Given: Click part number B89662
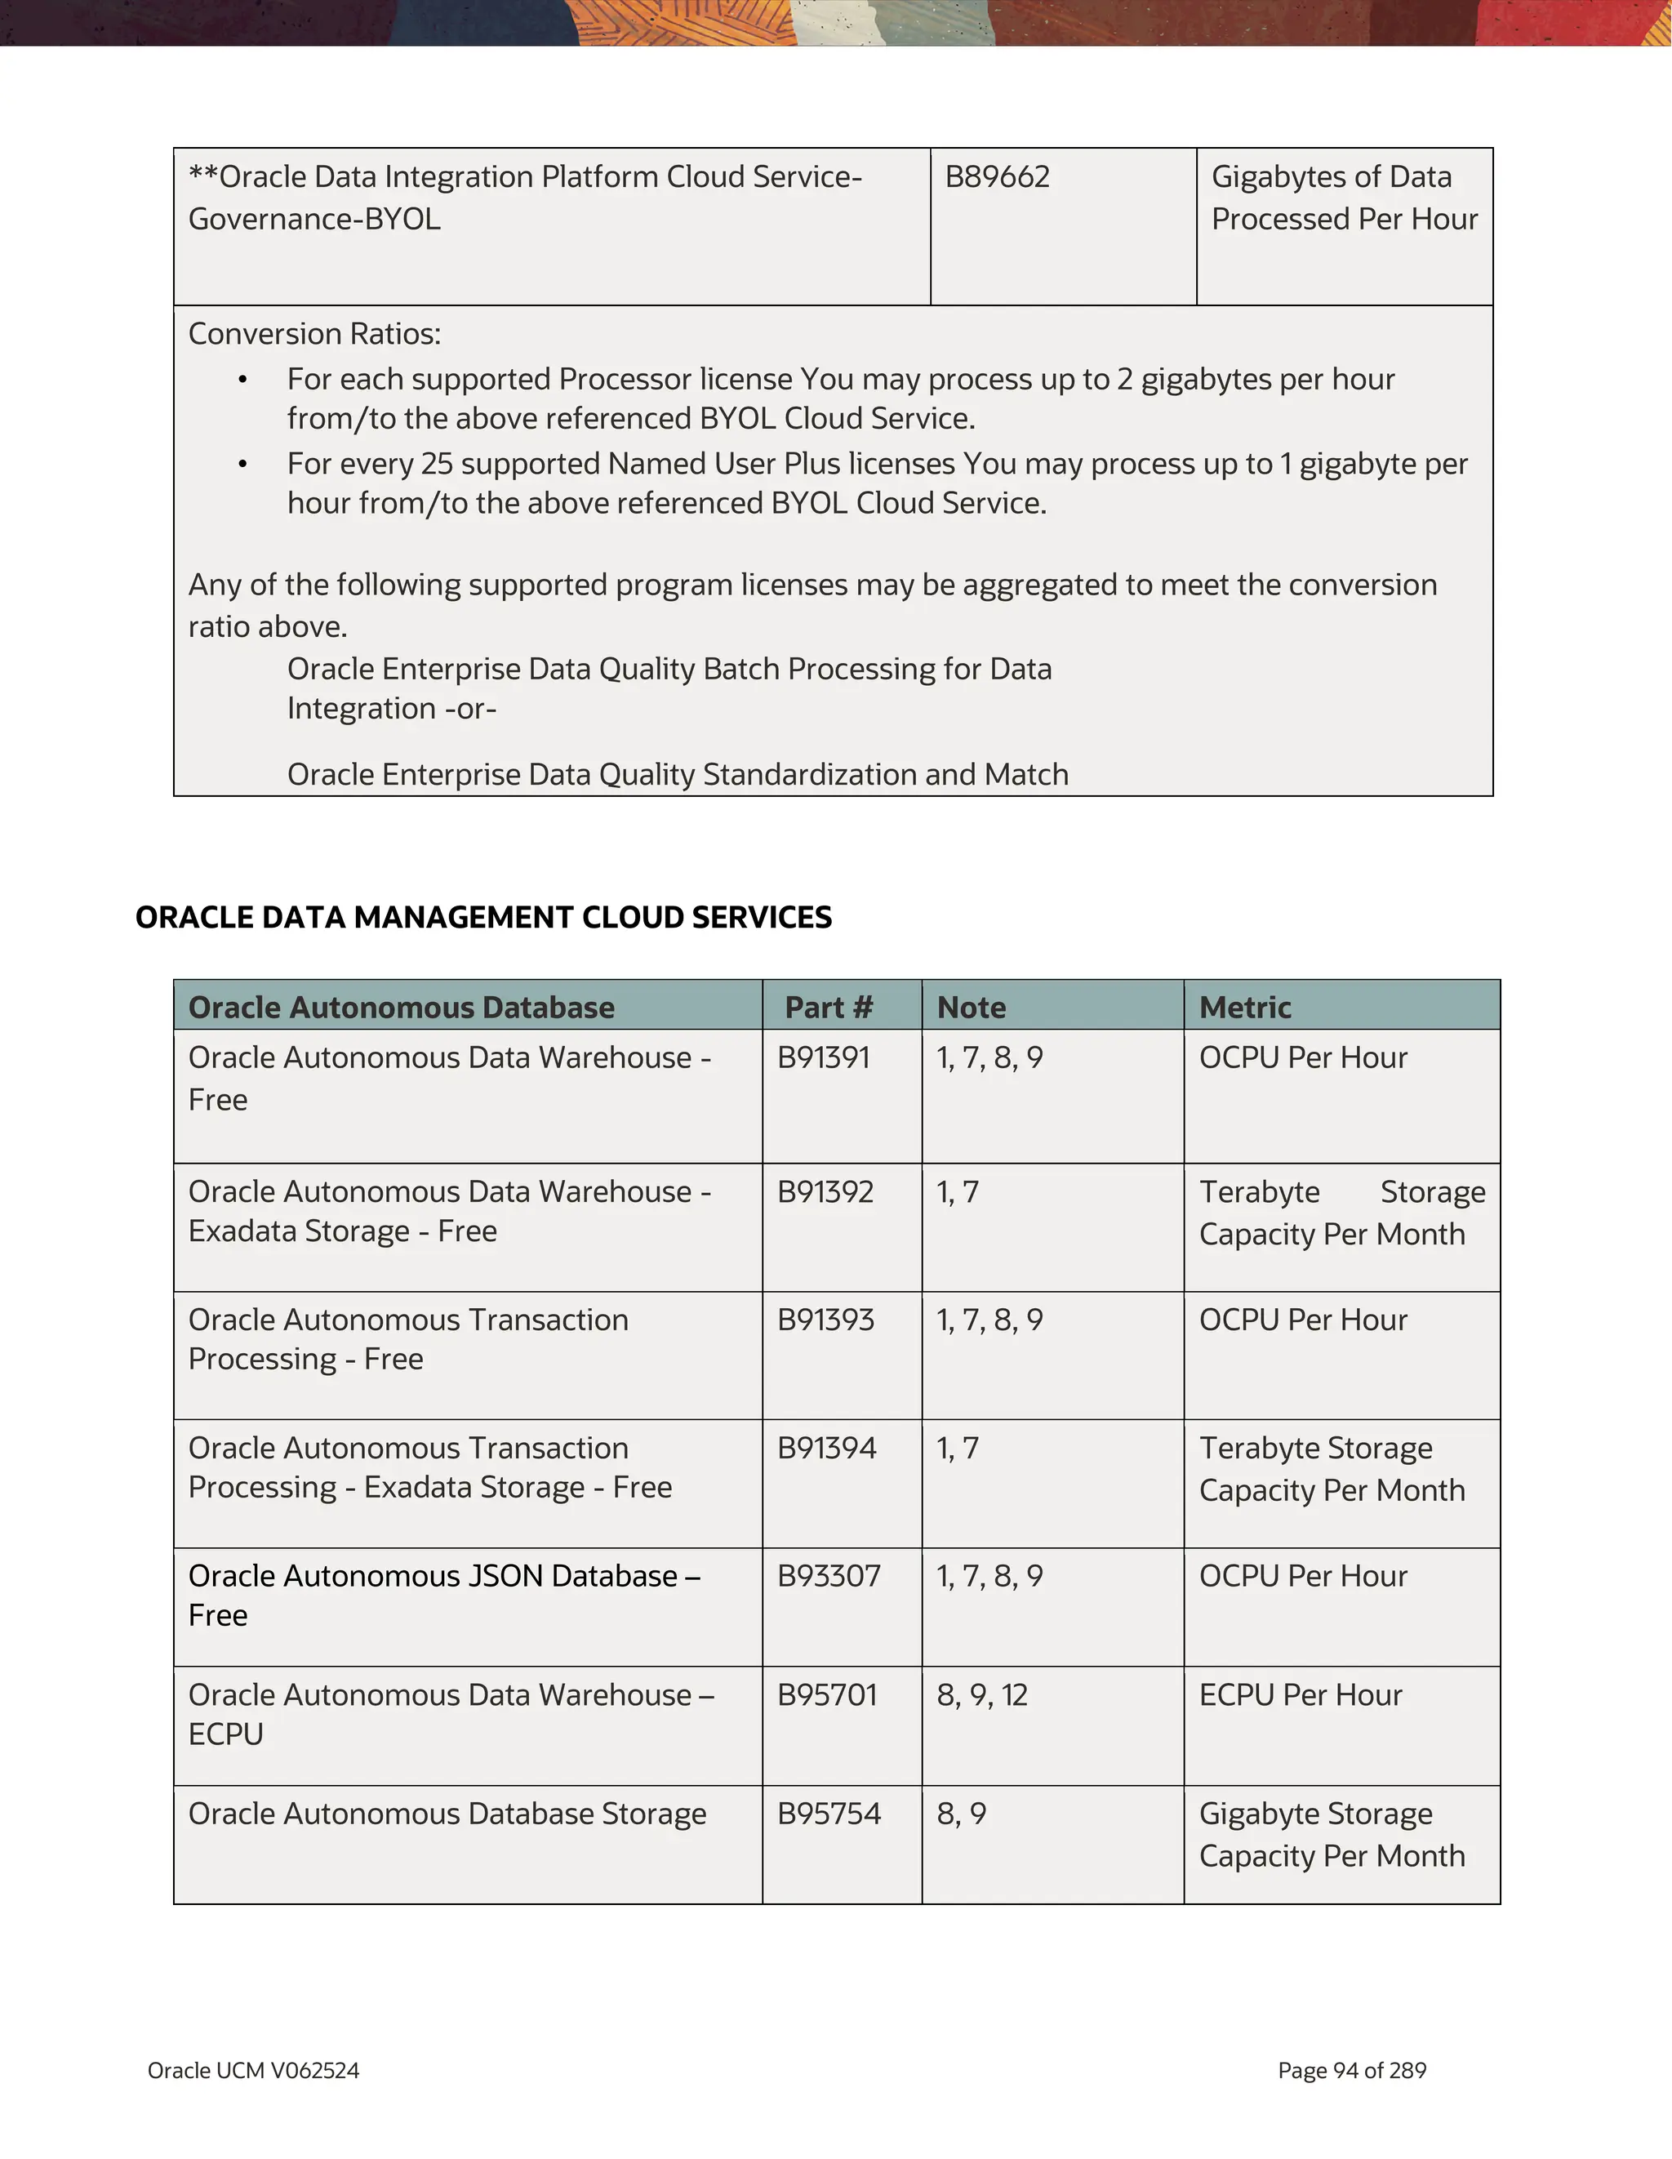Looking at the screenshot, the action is pyautogui.click(x=996, y=177).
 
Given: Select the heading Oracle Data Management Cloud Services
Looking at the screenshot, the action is pyautogui.click(x=483, y=917).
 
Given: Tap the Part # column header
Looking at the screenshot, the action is pyautogui.click(x=828, y=1008).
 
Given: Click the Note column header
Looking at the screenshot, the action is pyautogui.click(x=971, y=1008).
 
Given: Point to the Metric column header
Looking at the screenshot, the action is pyautogui.click(x=1244, y=1008).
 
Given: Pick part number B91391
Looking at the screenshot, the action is pyautogui.click(x=823, y=1057).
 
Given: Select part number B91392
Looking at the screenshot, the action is pyautogui.click(x=825, y=1191).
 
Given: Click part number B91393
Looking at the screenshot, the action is pyautogui.click(x=825, y=1320).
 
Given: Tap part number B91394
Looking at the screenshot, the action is pyautogui.click(x=826, y=1449).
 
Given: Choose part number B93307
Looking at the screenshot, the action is pyautogui.click(x=828, y=1576).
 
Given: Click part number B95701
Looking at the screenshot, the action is pyautogui.click(x=827, y=1695).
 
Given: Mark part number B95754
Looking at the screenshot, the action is pyautogui.click(x=828, y=1814).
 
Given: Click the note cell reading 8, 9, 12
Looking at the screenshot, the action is pyautogui.click(x=982, y=1695).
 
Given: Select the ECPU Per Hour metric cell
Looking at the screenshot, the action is pyautogui.click(x=1301, y=1695).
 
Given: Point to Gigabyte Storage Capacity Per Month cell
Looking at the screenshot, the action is pyautogui.click(x=1331, y=1835).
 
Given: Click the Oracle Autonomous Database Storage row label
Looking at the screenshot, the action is pyautogui.click(x=447, y=1814).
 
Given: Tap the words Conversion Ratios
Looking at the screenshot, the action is pyautogui.click(x=314, y=334).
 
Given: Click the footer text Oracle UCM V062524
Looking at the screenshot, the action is pyautogui.click(x=253, y=2070).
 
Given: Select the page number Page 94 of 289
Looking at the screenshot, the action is pyautogui.click(x=1351, y=2070).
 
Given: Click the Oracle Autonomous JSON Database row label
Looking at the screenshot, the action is pyautogui.click(x=443, y=1595).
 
